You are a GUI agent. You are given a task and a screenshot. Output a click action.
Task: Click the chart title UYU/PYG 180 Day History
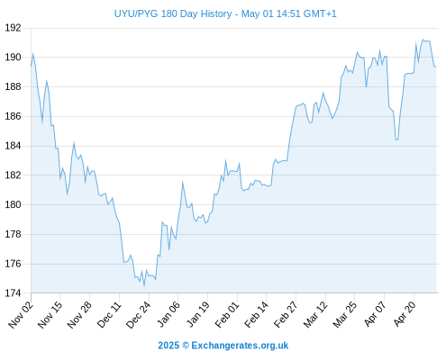(x=173, y=13)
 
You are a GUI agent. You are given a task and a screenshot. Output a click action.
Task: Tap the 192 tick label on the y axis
(x=13, y=28)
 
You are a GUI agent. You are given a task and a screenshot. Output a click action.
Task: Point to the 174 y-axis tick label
(x=13, y=293)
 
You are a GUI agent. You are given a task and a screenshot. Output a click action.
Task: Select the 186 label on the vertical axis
(x=13, y=116)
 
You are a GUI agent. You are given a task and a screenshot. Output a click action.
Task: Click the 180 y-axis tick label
(x=13, y=204)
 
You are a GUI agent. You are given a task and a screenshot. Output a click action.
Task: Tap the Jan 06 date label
(x=168, y=315)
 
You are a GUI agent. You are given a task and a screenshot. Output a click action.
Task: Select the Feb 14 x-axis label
(x=257, y=315)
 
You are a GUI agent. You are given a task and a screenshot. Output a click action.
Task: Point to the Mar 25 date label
(x=345, y=315)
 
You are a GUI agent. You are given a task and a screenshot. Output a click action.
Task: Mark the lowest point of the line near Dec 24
(x=144, y=286)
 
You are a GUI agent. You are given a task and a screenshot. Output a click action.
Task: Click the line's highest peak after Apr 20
(x=423, y=40)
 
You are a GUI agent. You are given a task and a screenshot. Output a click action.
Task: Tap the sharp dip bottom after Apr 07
(x=396, y=139)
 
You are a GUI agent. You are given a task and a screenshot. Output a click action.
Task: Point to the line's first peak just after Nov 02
(x=33, y=54)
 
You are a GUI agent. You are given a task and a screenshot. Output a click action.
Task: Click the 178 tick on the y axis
(x=13, y=234)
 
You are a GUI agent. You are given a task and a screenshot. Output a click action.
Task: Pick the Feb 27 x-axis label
(x=286, y=315)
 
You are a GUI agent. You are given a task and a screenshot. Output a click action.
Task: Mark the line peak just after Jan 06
(x=182, y=182)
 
